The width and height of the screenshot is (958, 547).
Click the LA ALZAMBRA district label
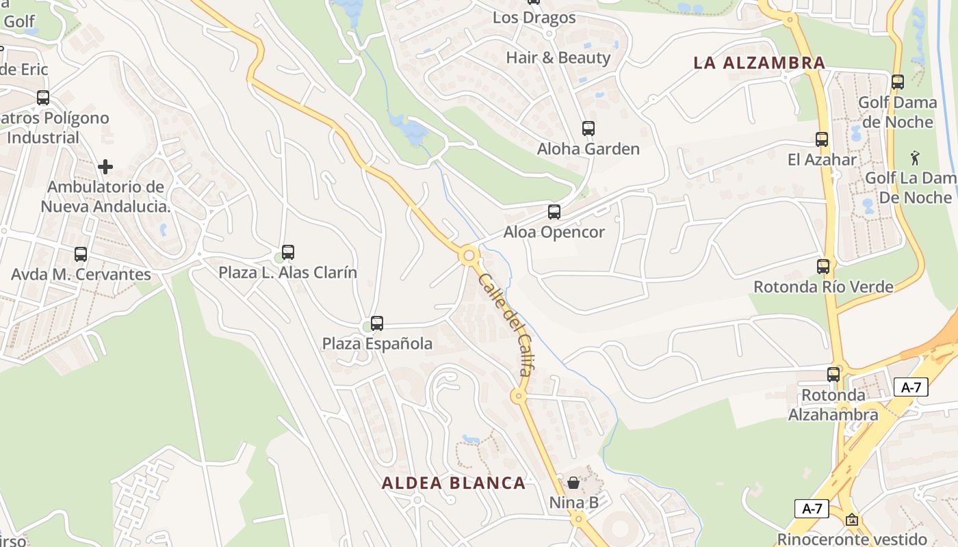pos(759,63)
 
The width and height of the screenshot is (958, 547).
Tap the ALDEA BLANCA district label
pos(454,483)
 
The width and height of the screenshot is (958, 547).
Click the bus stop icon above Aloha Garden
pos(588,128)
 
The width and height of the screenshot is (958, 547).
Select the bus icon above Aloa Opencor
pos(554,212)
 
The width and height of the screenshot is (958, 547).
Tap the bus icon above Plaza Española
pos(376,323)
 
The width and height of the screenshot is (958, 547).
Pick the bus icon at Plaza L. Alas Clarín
pos(287,252)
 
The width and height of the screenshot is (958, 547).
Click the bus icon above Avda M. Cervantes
pos(80,254)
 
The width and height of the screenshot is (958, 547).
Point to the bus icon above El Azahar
pos(822,139)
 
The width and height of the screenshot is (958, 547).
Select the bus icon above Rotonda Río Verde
pos(823,266)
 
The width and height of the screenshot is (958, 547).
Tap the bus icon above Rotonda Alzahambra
pos(833,375)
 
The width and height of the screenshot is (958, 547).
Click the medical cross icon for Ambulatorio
pos(105,166)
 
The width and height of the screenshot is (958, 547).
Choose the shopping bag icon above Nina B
pos(573,483)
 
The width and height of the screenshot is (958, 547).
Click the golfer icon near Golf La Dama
pos(915,158)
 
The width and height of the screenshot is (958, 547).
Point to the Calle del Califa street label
pos(505,325)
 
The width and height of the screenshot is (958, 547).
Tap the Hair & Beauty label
pos(558,57)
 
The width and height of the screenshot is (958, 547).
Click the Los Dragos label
pos(534,18)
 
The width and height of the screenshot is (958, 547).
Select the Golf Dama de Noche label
pos(897,112)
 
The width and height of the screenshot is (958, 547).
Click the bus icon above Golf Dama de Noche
pos(897,82)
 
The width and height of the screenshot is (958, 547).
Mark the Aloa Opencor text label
pos(554,232)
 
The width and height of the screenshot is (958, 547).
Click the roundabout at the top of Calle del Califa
pos(469,256)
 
